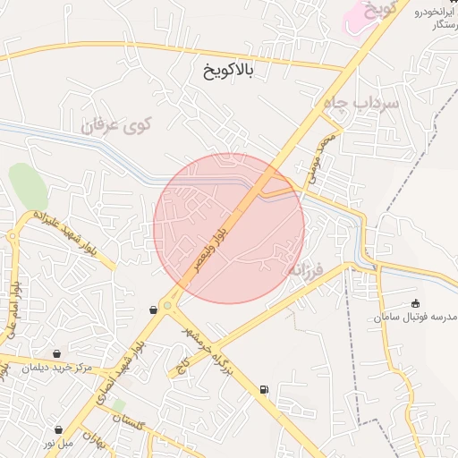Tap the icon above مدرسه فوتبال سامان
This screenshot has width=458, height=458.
click(x=415, y=304)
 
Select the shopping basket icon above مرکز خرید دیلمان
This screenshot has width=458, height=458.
click(x=57, y=353)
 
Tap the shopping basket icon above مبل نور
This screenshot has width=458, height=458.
click(x=58, y=429)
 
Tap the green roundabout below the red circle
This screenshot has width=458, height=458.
click(x=166, y=305)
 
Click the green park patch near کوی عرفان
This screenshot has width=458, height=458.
click(x=28, y=186)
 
